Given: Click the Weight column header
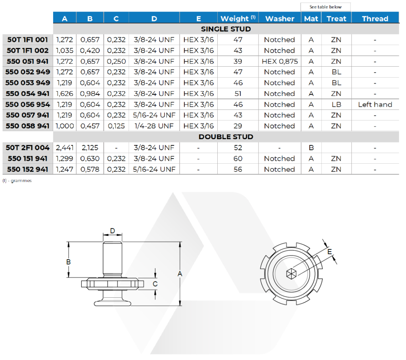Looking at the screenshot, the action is (238, 18).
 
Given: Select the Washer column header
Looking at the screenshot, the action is (280, 19).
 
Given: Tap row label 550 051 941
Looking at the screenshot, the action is (27, 61).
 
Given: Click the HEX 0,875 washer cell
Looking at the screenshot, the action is (280, 61).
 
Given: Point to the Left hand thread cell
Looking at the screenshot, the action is (375, 104).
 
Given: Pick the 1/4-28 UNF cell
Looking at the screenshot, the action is (154, 126).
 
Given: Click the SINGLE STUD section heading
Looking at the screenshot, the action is (226, 29).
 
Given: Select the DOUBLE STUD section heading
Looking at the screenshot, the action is (226, 137).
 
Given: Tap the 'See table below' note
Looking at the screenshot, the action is (326, 7).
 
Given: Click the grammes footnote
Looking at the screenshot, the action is (17, 180).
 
